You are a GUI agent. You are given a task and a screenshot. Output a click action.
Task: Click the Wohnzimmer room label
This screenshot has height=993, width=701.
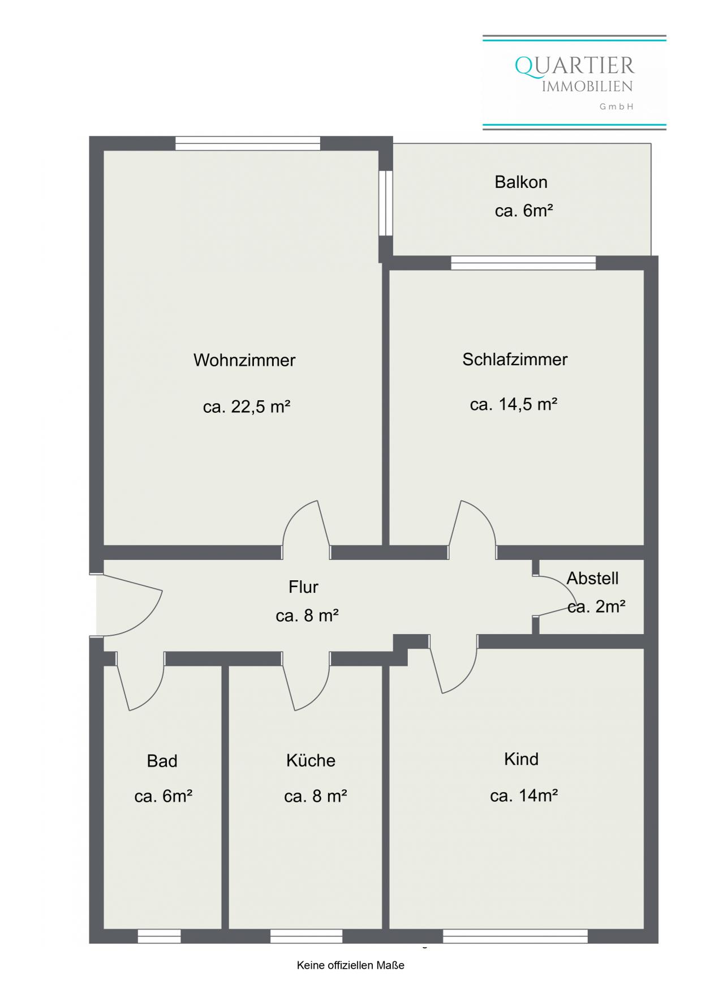tap(244, 360)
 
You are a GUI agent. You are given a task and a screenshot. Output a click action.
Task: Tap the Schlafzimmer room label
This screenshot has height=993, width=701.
tap(515, 359)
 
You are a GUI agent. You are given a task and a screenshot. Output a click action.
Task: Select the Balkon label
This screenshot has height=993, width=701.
tap(521, 182)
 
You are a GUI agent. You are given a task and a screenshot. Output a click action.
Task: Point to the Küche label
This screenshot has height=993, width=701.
tap(311, 760)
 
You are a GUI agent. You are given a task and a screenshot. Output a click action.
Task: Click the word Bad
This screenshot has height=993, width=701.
tap(162, 761)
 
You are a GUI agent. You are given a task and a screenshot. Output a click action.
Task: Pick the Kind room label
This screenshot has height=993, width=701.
tap(521, 759)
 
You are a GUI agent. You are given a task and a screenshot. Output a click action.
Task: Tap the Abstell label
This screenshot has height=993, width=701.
tap(592, 578)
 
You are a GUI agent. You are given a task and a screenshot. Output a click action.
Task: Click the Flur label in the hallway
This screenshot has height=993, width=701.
tap(303, 587)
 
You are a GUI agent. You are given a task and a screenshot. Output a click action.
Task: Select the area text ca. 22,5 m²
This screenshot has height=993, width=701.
tap(247, 406)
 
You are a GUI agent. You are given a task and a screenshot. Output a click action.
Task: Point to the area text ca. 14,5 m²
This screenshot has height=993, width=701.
tap(514, 404)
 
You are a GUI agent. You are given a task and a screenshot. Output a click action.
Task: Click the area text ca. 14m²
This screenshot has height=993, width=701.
tap(524, 795)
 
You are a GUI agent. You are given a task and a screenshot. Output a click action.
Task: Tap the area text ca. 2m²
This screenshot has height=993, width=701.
tap(596, 606)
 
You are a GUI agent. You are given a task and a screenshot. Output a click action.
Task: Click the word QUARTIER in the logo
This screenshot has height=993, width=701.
tap(575, 66)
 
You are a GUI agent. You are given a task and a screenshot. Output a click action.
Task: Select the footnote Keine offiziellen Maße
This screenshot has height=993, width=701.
tap(351, 965)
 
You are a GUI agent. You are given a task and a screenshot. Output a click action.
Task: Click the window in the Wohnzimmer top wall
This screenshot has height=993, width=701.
tap(248, 143)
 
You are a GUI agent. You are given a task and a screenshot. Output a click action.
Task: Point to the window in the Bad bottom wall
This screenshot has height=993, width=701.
tap(159, 936)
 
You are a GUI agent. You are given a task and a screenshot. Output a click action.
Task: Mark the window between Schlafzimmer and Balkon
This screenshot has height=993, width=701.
tap(523, 263)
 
